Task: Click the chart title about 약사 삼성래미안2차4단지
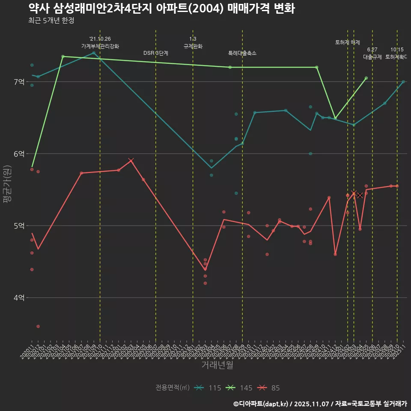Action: (x=161, y=9)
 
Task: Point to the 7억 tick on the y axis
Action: (x=19, y=82)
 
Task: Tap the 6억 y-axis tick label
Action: (x=19, y=154)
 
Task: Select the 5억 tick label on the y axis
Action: (x=19, y=226)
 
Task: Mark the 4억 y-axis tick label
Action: (x=19, y=298)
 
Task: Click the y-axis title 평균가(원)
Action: (x=7, y=184)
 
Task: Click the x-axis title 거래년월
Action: (x=217, y=365)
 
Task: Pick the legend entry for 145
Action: (x=239, y=388)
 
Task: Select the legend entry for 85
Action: (x=269, y=388)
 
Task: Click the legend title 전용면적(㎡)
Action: (x=173, y=388)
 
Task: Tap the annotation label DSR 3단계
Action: (x=156, y=53)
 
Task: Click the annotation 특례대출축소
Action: (x=242, y=53)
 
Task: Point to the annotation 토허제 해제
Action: (x=347, y=42)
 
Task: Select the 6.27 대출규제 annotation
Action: (x=372, y=53)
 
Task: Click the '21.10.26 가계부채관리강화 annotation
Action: (x=100, y=42)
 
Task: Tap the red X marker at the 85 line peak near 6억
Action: (x=131, y=161)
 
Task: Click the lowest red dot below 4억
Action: (x=38, y=326)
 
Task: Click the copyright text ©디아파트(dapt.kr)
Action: (x=261, y=403)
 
